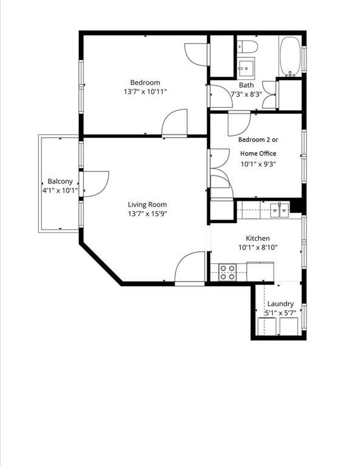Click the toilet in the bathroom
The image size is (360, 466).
[x=247, y=46]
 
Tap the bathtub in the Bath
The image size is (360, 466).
[x=290, y=56]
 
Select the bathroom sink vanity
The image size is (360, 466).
[x=246, y=68]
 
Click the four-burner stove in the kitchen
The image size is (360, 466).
[x=228, y=272]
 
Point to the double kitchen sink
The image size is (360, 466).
[x=280, y=211]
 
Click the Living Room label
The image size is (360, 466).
[x=147, y=204]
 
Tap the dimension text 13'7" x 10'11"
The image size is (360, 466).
[x=145, y=92]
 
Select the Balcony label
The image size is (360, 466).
[x=60, y=181]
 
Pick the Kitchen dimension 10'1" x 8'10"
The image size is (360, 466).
[x=258, y=248]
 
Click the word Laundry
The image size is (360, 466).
[x=280, y=304]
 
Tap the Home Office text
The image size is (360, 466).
[x=258, y=154]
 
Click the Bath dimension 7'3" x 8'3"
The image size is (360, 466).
[x=246, y=95]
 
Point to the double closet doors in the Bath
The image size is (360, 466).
[x=270, y=95]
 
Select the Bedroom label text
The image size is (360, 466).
[x=145, y=83]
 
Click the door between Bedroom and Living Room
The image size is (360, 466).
[x=175, y=123]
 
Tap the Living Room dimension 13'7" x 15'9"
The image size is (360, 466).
[x=148, y=214]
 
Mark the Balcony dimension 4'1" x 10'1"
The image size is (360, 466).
[x=60, y=191]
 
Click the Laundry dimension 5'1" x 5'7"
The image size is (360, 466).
[x=280, y=313]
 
